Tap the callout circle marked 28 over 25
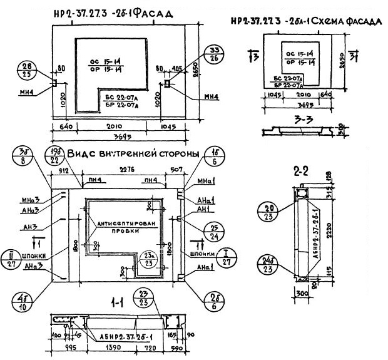(26, 70)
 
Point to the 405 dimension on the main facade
(178, 68)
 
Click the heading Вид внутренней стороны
(133, 154)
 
